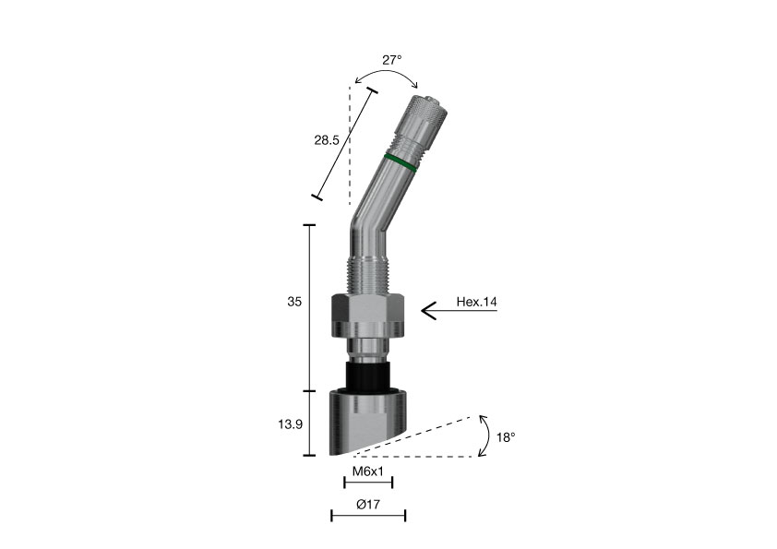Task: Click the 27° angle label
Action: point(391,60)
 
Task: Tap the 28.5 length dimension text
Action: point(328,140)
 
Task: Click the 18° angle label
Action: point(506,436)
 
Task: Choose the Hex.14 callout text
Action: point(477,302)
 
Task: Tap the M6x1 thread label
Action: point(368,471)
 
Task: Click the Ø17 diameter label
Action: point(368,505)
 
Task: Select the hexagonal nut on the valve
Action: point(368,315)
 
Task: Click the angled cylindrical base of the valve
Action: point(366,420)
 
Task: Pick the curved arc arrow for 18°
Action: point(485,436)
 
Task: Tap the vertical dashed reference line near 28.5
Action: point(351,148)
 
